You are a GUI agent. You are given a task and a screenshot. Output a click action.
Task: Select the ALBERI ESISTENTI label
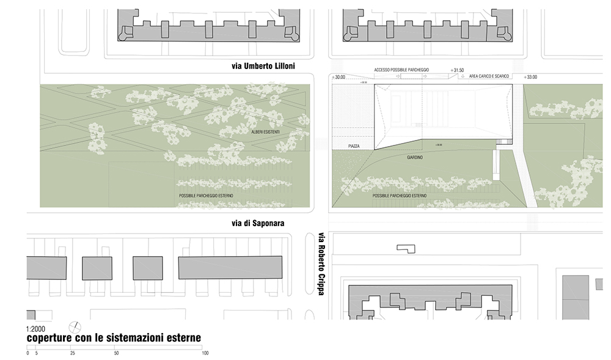[x=265, y=131]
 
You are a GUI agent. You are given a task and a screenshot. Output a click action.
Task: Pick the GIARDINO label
[x=415, y=157]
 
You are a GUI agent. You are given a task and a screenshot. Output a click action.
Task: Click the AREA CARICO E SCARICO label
[x=489, y=76]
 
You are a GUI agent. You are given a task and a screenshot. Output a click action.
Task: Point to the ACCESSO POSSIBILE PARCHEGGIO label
[x=401, y=70]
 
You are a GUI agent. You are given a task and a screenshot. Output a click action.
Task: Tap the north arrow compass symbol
[x=75, y=326]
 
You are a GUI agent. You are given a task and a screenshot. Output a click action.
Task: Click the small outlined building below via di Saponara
[x=405, y=248]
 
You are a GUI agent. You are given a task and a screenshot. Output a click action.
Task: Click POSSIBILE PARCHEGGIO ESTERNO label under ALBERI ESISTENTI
[x=206, y=196]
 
